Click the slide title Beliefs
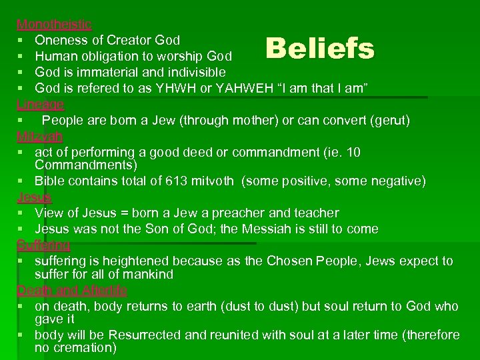tap(320, 48)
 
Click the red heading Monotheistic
tap(54, 24)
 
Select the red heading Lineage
tap(41, 105)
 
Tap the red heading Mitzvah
tap(40, 137)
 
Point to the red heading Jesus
tap(34, 197)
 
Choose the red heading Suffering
tap(43, 245)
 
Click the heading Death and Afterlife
tap(72, 291)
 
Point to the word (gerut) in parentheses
tap(390, 121)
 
